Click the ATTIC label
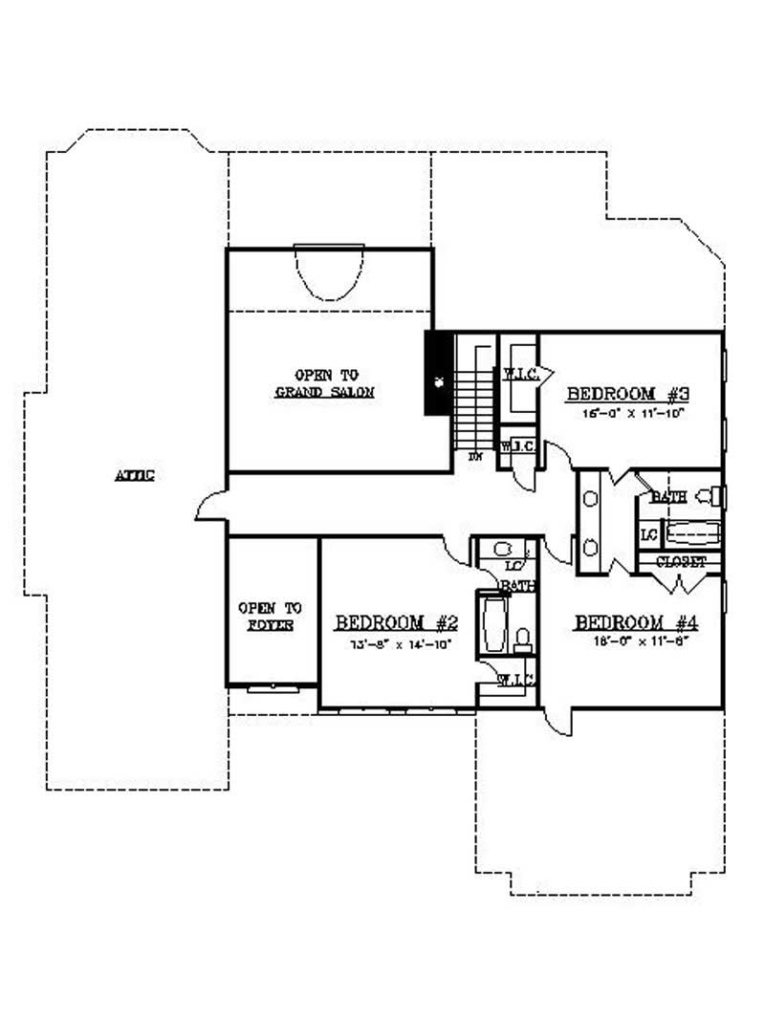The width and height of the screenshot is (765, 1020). point(135,474)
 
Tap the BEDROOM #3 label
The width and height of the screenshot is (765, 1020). point(623,393)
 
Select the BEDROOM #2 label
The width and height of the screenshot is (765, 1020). point(397,623)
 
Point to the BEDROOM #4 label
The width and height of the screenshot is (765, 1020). point(637,623)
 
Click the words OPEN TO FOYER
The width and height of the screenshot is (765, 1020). point(269,616)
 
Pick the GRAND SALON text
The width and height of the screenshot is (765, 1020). point(325,393)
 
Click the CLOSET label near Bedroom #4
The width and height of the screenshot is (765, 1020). point(681,562)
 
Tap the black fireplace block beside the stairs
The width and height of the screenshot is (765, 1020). point(439,373)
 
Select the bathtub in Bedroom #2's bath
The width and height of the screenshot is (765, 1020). point(493,624)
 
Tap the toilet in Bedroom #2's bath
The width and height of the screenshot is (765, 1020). point(522,639)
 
